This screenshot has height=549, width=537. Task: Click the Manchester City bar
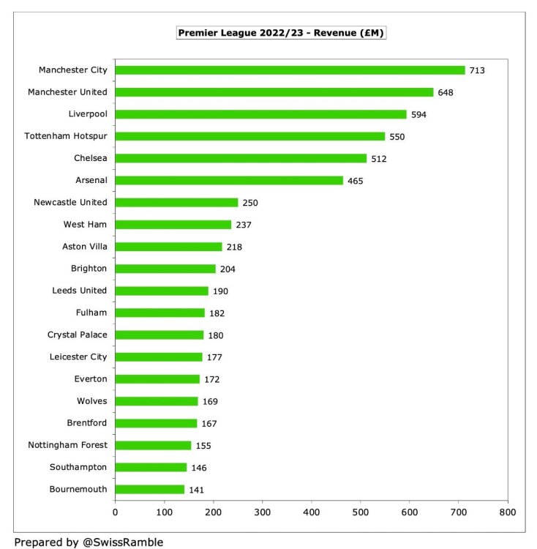pyautogui.click(x=290, y=70)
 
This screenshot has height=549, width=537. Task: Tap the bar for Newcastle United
pyautogui.click(x=176, y=202)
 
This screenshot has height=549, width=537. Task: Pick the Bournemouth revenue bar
pyautogui.click(x=149, y=489)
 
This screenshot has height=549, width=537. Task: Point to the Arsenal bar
pyautogui.click(x=229, y=180)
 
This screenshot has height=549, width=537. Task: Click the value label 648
pyautogui.click(x=487, y=92)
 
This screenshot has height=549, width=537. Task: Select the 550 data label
pyautogui.click(x=397, y=136)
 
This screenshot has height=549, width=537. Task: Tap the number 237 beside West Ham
pyautogui.click(x=244, y=225)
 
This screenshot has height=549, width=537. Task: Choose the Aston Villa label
pyautogui.click(x=82, y=247)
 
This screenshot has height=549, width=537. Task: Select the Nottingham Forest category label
pyautogui.click(x=67, y=445)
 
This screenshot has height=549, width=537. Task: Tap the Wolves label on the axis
pyautogui.click(x=91, y=401)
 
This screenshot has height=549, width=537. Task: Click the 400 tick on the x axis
pyautogui.click(x=312, y=512)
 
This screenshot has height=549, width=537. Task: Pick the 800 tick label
pyautogui.click(x=508, y=512)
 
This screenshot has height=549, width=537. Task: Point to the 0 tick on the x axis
pyautogui.click(x=116, y=512)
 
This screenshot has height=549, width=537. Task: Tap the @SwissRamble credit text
pyautogui.click(x=89, y=542)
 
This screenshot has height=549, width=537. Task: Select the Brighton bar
pyautogui.click(x=165, y=269)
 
